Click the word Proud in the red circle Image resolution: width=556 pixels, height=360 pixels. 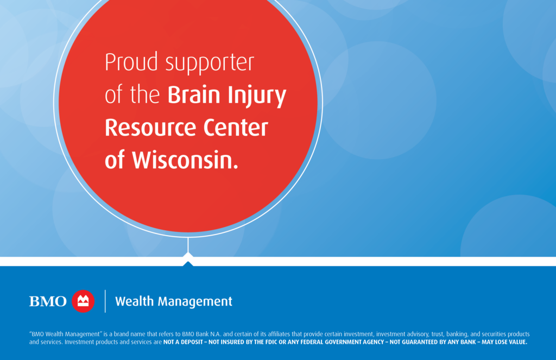(131, 62)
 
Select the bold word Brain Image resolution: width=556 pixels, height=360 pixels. (194, 94)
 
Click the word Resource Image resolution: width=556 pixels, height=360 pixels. (151, 128)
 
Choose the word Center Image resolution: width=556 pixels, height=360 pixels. (236, 128)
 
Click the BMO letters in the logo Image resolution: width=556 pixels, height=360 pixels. (48, 301)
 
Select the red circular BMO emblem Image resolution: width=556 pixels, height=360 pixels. (83, 301)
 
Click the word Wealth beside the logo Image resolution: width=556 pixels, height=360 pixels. (135, 301)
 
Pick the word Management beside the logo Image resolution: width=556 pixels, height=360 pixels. (195, 302)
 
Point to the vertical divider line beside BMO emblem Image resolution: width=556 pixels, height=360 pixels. (105, 301)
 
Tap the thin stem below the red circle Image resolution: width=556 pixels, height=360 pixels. (188, 245)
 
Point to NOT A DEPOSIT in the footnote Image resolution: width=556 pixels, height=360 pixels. (183, 342)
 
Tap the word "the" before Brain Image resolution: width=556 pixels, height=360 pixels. (144, 94)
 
